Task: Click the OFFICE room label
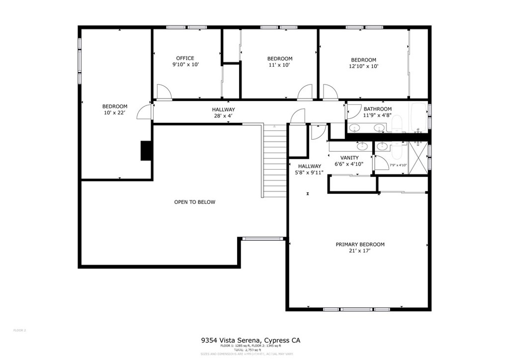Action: (185, 58)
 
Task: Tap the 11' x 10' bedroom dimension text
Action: (279, 65)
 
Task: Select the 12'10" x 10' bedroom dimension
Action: (363, 66)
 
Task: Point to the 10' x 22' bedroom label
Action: (115, 113)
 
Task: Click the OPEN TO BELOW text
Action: (194, 202)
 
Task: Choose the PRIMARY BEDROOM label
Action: (360, 244)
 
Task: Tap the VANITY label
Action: (349, 158)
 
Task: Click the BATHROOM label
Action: (377, 109)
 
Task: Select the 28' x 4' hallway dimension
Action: (223, 116)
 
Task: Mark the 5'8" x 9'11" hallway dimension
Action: (310, 173)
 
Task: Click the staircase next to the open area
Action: (274, 160)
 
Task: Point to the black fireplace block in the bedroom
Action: (147, 151)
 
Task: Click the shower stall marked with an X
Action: (418, 158)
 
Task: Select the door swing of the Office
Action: (164, 92)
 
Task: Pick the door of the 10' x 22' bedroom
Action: (145, 111)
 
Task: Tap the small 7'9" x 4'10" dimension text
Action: (398, 165)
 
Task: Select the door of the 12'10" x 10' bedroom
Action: (330, 92)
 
